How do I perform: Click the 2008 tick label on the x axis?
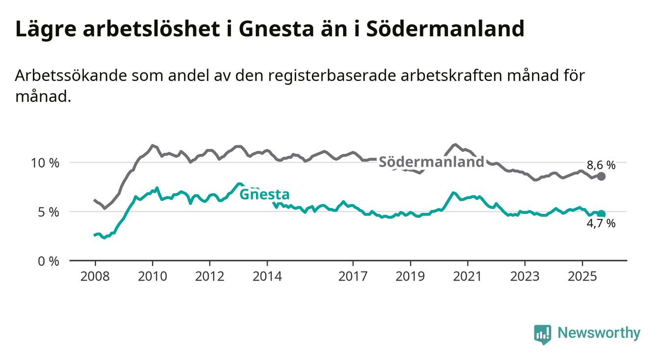(95, 277)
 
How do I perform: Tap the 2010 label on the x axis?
(152, 277)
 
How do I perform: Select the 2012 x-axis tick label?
(209, 277)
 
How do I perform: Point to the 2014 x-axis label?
(267, 277)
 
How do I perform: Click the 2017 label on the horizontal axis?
(353, 277)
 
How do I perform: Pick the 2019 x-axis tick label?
(410, 277)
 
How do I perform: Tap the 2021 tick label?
(468, 277)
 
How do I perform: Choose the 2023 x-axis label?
(525, 277)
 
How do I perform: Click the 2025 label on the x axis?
(582, 277)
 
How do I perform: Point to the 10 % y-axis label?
(45, 163)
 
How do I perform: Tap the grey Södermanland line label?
(431, 162)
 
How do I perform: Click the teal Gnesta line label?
(264, 194)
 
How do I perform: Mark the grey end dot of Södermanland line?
(602, 177)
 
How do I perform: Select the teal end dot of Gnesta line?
(602, 214)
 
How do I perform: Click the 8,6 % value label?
(601, 165)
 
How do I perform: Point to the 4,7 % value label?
(601, 224)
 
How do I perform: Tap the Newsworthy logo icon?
(542, 334)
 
